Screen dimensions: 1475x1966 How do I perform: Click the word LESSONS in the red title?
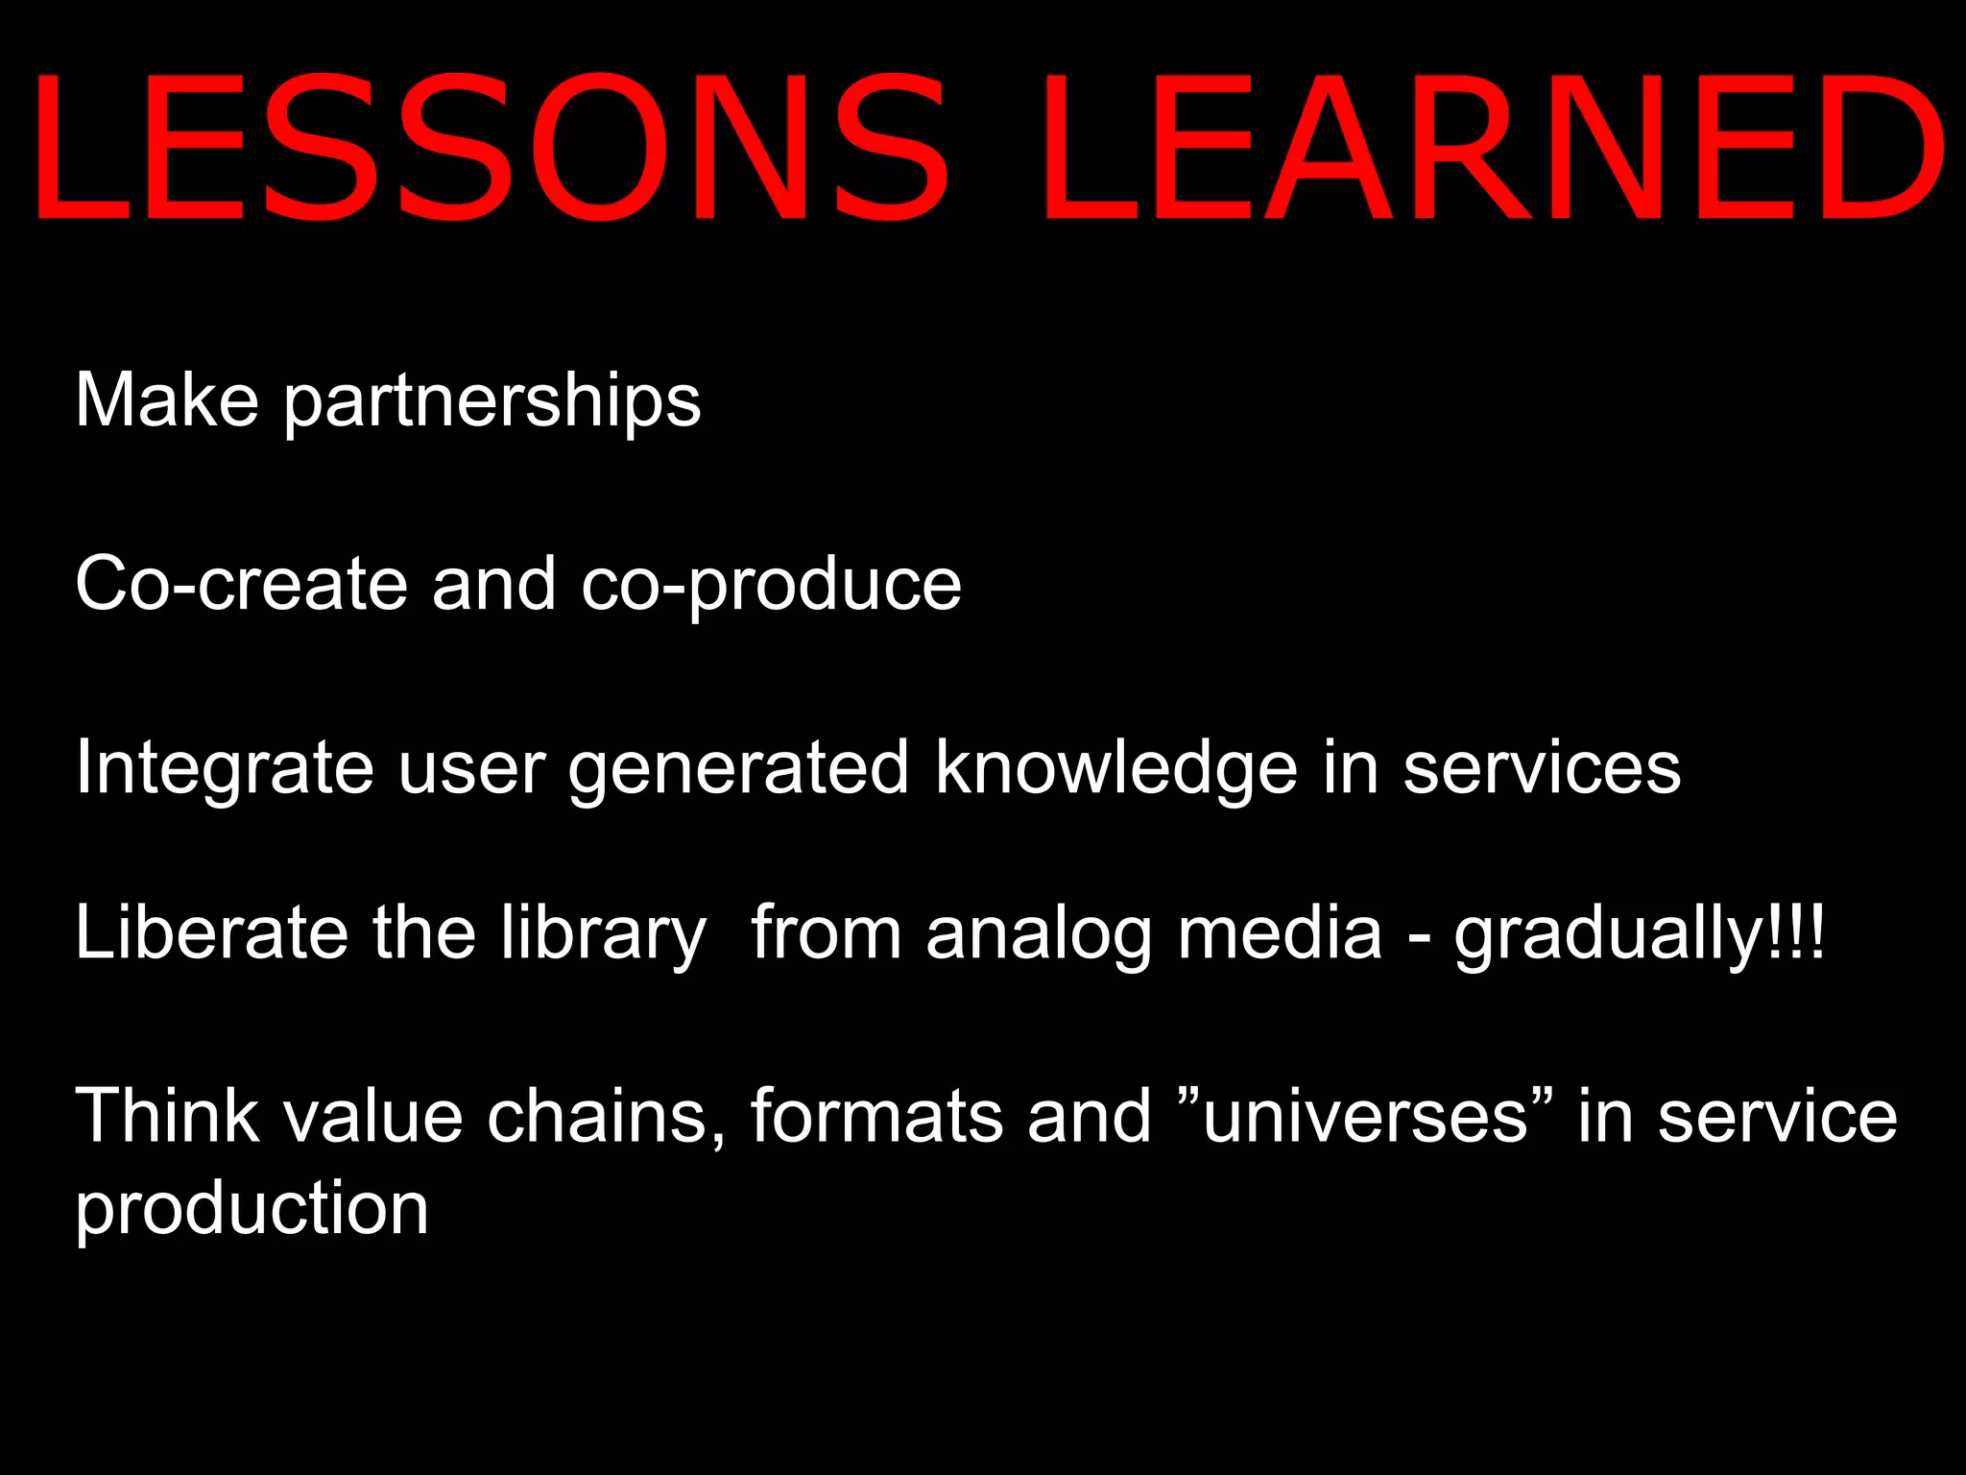[x=490, y=149]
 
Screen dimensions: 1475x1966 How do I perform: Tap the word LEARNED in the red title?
[x=1493, y=149]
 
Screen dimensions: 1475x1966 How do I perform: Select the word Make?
[x=167, y=399]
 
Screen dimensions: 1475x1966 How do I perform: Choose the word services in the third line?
[x=1542, y=768]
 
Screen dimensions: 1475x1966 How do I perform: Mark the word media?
[x=1280, y=933]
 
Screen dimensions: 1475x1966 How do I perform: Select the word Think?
[x=167, y=1117]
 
